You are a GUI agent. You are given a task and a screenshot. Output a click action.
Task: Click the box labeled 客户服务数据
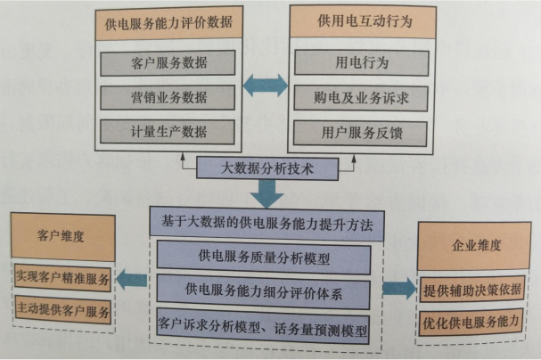[x=167, y=62]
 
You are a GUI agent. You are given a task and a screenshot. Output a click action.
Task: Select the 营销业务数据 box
[x=167, y=96]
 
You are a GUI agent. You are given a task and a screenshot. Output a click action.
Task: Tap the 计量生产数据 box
[x=167, y=131]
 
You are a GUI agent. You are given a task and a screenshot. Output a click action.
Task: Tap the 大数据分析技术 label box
[x=266, y=167]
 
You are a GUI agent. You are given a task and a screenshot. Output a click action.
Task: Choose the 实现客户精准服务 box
[x=61, y=279]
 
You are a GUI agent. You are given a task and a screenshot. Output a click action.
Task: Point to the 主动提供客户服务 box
[x=61, y=311]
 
